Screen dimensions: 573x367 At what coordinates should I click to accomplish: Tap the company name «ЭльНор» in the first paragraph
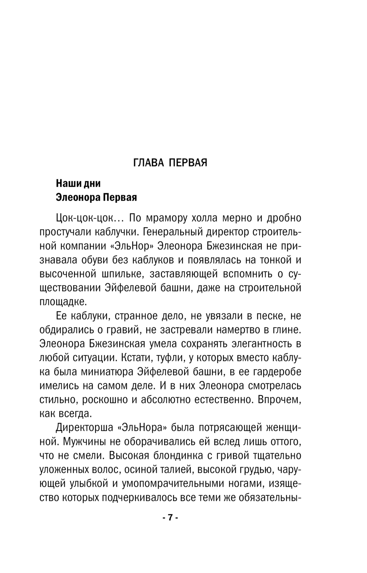click(x=127, y=246)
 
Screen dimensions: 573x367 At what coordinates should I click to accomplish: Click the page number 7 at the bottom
click(x=170, y=518)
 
